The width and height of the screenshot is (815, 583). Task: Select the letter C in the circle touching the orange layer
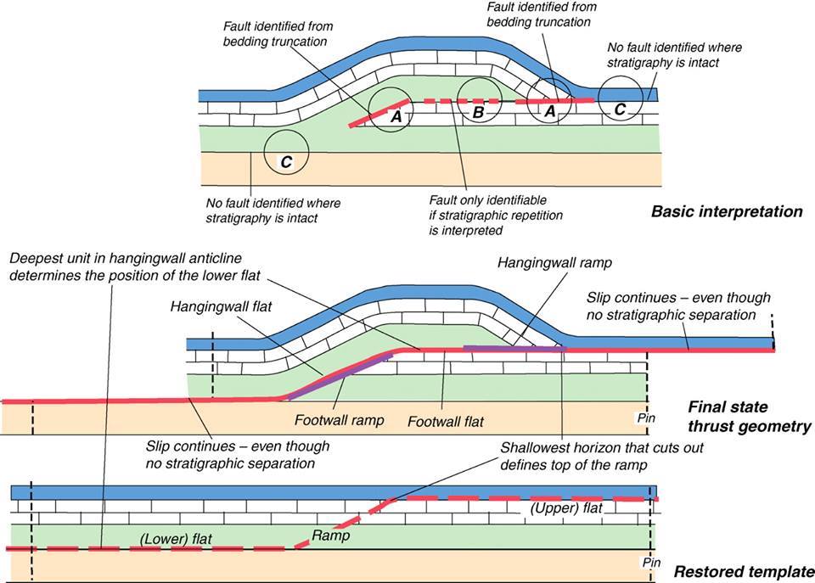click(x=286, y=162)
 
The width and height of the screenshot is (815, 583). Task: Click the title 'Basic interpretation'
click(x=727, y=211)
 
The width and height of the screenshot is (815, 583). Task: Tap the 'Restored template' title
click(x=744, y=572)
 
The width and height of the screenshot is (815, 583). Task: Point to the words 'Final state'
click(x=728, y=406)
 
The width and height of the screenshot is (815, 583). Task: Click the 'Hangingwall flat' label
click(x=221, y=307)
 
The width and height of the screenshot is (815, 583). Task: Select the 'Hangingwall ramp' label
click(x=554, y=263)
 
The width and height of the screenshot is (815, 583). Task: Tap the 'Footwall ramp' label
click(x=339, y=420)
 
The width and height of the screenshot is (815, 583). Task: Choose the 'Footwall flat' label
click(x=446, y=421)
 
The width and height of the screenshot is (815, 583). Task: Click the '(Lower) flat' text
click(x=176, y=539)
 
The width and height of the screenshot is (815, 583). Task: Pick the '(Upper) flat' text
click(x=566, y=507)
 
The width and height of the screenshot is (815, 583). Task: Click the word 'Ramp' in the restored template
click(x=330, y=535)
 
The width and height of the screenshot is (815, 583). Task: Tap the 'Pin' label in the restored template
click(x=651, y=563)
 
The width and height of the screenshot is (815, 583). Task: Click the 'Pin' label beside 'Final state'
click(x=646, y=418)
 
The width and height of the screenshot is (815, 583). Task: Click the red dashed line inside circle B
click(x=479, y=101)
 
